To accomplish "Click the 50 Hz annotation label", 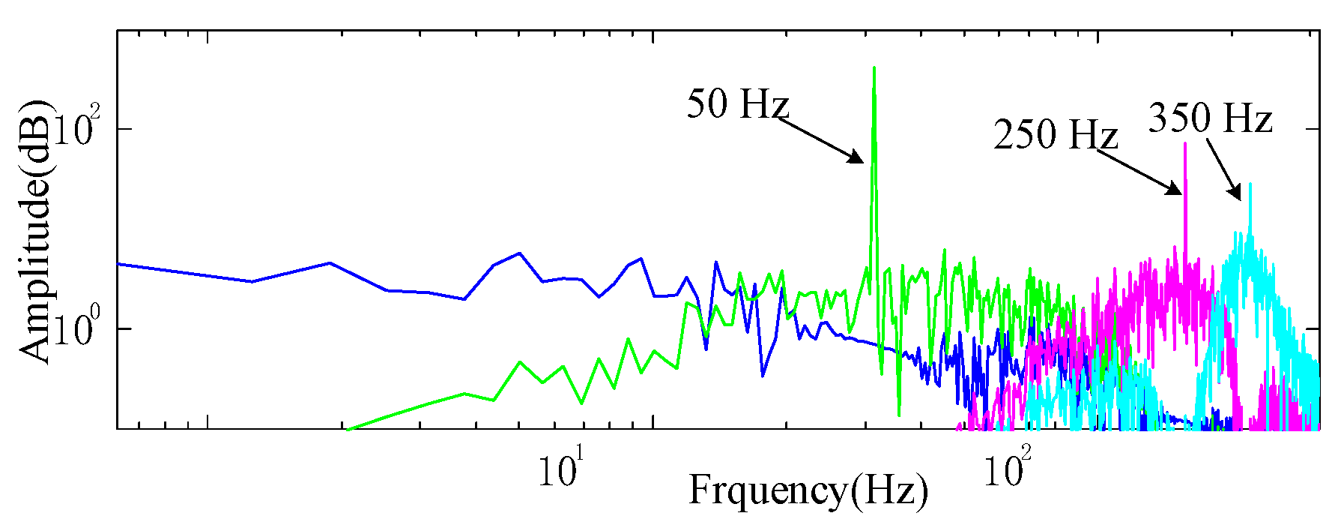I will tap(738, 104).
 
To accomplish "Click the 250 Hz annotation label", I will tap(1055, 135).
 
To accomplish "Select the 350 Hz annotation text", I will tap(1210, 118).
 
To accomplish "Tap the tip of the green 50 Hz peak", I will tap(874, 67).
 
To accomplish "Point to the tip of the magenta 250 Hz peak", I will tap(1185, 143).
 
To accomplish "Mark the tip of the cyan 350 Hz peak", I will tap(1250, 184).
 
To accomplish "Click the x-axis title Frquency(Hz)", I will tap(808, 491).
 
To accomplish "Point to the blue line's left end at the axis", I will tap(118, 264).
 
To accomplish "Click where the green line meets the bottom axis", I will tap(349, 429).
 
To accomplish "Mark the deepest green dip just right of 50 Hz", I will tap(899, 415).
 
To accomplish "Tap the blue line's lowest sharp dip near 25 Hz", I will tap(763, 375).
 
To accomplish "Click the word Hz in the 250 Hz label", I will tap(1093, 135).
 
